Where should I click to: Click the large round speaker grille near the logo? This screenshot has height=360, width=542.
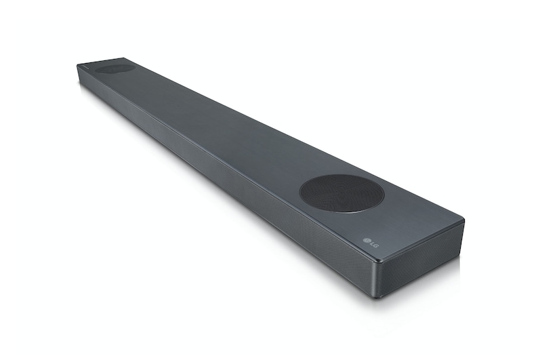click(x=341, y=193)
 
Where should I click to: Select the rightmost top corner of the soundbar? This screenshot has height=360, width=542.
click(x=463, y=221)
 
